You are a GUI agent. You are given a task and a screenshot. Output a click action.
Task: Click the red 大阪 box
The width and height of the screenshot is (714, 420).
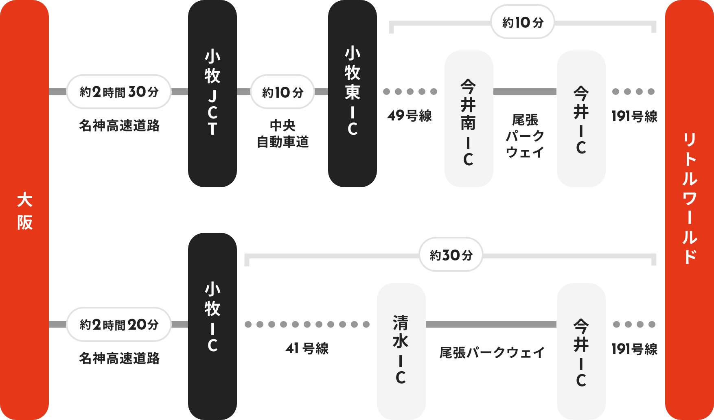[x=24, y=210]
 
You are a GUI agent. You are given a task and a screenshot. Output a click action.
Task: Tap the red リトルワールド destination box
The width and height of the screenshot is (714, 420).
[x=689, y=210]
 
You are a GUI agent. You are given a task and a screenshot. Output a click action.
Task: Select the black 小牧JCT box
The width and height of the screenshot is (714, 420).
[x=212, y=93]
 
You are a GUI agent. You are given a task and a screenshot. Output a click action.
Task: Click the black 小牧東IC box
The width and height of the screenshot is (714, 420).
[x=352, y=93]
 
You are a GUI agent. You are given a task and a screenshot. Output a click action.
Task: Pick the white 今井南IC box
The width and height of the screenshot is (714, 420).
[x=469, y=118]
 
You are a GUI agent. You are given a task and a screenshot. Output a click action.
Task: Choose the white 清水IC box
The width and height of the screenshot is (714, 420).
[x=401, y=351]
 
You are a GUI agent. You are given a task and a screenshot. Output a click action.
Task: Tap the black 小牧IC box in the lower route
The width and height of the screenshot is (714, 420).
[x=212, y=326]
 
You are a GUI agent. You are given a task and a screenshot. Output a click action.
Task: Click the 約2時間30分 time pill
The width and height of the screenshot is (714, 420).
[x=118, y=92]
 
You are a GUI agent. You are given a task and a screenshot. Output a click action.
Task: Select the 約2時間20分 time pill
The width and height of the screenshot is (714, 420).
[x=118, y=324]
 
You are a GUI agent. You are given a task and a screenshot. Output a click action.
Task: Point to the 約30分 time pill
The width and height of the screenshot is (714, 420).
[x=451, y=255]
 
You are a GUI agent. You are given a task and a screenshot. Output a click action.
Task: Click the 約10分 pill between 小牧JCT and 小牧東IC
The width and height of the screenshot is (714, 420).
[x=282, y=92]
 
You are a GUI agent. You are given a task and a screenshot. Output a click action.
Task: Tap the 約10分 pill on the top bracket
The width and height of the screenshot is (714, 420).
[x=522, y=22]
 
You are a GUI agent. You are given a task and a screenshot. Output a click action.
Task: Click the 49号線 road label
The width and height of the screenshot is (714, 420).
[x=410, y=115]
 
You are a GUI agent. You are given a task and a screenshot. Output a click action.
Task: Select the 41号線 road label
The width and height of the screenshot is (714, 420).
[x=307, y=348]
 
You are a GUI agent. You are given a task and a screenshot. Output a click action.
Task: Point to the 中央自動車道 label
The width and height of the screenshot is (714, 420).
[x=283, y=133]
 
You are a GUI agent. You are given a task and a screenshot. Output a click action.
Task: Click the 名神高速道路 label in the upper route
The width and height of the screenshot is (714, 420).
[x=119, y=125]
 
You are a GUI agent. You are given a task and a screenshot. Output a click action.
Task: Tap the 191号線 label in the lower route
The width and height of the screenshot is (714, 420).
[x=634, y=349]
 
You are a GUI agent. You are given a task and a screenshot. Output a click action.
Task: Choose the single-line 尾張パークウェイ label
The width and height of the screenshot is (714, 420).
[x=492, y=352]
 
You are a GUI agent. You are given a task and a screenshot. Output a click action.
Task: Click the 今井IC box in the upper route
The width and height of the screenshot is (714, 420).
[x=581, y=118]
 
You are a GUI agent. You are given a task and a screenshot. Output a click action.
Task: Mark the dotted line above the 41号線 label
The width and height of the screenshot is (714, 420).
[x=307, y=324]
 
